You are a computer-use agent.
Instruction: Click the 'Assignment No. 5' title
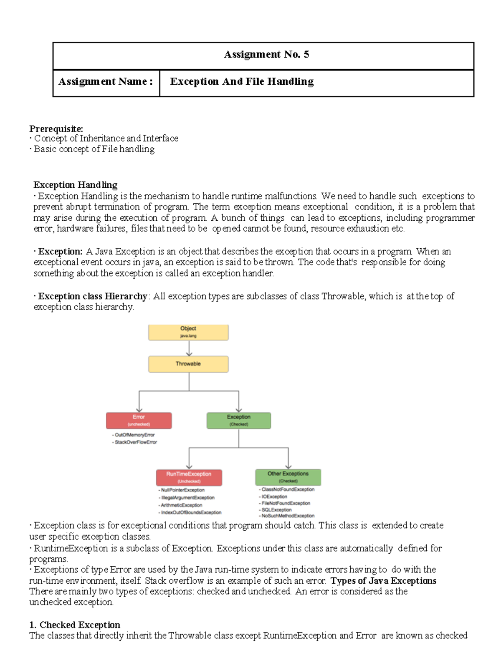(266, 55)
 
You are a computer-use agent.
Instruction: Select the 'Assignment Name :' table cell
(106, 82)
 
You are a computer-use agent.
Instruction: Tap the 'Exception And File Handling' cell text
(242, 82)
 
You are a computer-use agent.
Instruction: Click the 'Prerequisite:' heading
(56, 129)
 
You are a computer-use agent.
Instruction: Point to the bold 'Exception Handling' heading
(75, 185)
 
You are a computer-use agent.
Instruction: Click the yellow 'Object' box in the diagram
(188, 332)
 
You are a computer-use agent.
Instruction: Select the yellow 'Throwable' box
(188, 364)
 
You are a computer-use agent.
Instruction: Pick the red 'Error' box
(139, 420)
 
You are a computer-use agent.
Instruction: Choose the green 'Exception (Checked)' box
(239, 420)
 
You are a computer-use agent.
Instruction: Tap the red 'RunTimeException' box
(189, 477)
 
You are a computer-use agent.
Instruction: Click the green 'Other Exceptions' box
(288, 477)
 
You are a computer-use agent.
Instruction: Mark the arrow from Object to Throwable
(189, 348)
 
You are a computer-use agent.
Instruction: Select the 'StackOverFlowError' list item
(136, 442)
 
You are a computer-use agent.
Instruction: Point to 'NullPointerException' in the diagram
(182, 490)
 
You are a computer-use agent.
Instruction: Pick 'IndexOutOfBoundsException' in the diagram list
(191, 512)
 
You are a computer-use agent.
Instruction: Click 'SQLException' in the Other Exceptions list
(276, 510)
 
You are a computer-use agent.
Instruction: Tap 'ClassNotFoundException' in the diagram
(288, 489)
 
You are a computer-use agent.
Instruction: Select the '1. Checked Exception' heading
(75, 625)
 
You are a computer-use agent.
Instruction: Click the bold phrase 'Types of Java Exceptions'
(383, 581)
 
